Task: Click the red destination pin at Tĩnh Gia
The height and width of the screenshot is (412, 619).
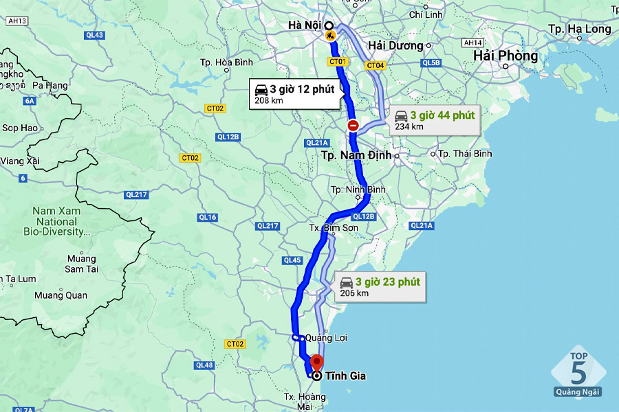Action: pyautogui.click(x=316, y=362)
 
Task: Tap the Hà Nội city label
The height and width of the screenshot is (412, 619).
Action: pyautogui.click(x=304, y=25)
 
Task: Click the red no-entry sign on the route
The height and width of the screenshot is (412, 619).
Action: pyautogui.click(x=353, y=125)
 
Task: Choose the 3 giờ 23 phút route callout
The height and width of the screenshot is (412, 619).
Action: pyautogui.click(x=380, y=286)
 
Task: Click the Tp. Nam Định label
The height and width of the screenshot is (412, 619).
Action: pyautogui.click(x=356, y=155)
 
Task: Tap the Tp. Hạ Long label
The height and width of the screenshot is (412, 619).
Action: pyautogui.click(x=580, y=29)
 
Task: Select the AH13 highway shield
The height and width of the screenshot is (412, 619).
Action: pyautogui.click(x=17, y=21)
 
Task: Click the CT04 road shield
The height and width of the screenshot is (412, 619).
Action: pyautogui.click(x=375, y=65)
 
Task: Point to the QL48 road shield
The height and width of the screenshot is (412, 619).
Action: pyautogui.click(x=204, y=365)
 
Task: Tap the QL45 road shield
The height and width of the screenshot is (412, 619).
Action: pyautogui.click(x=292, y=260)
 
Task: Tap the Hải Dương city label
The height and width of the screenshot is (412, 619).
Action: pyautogui.click(x=395, y=45)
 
